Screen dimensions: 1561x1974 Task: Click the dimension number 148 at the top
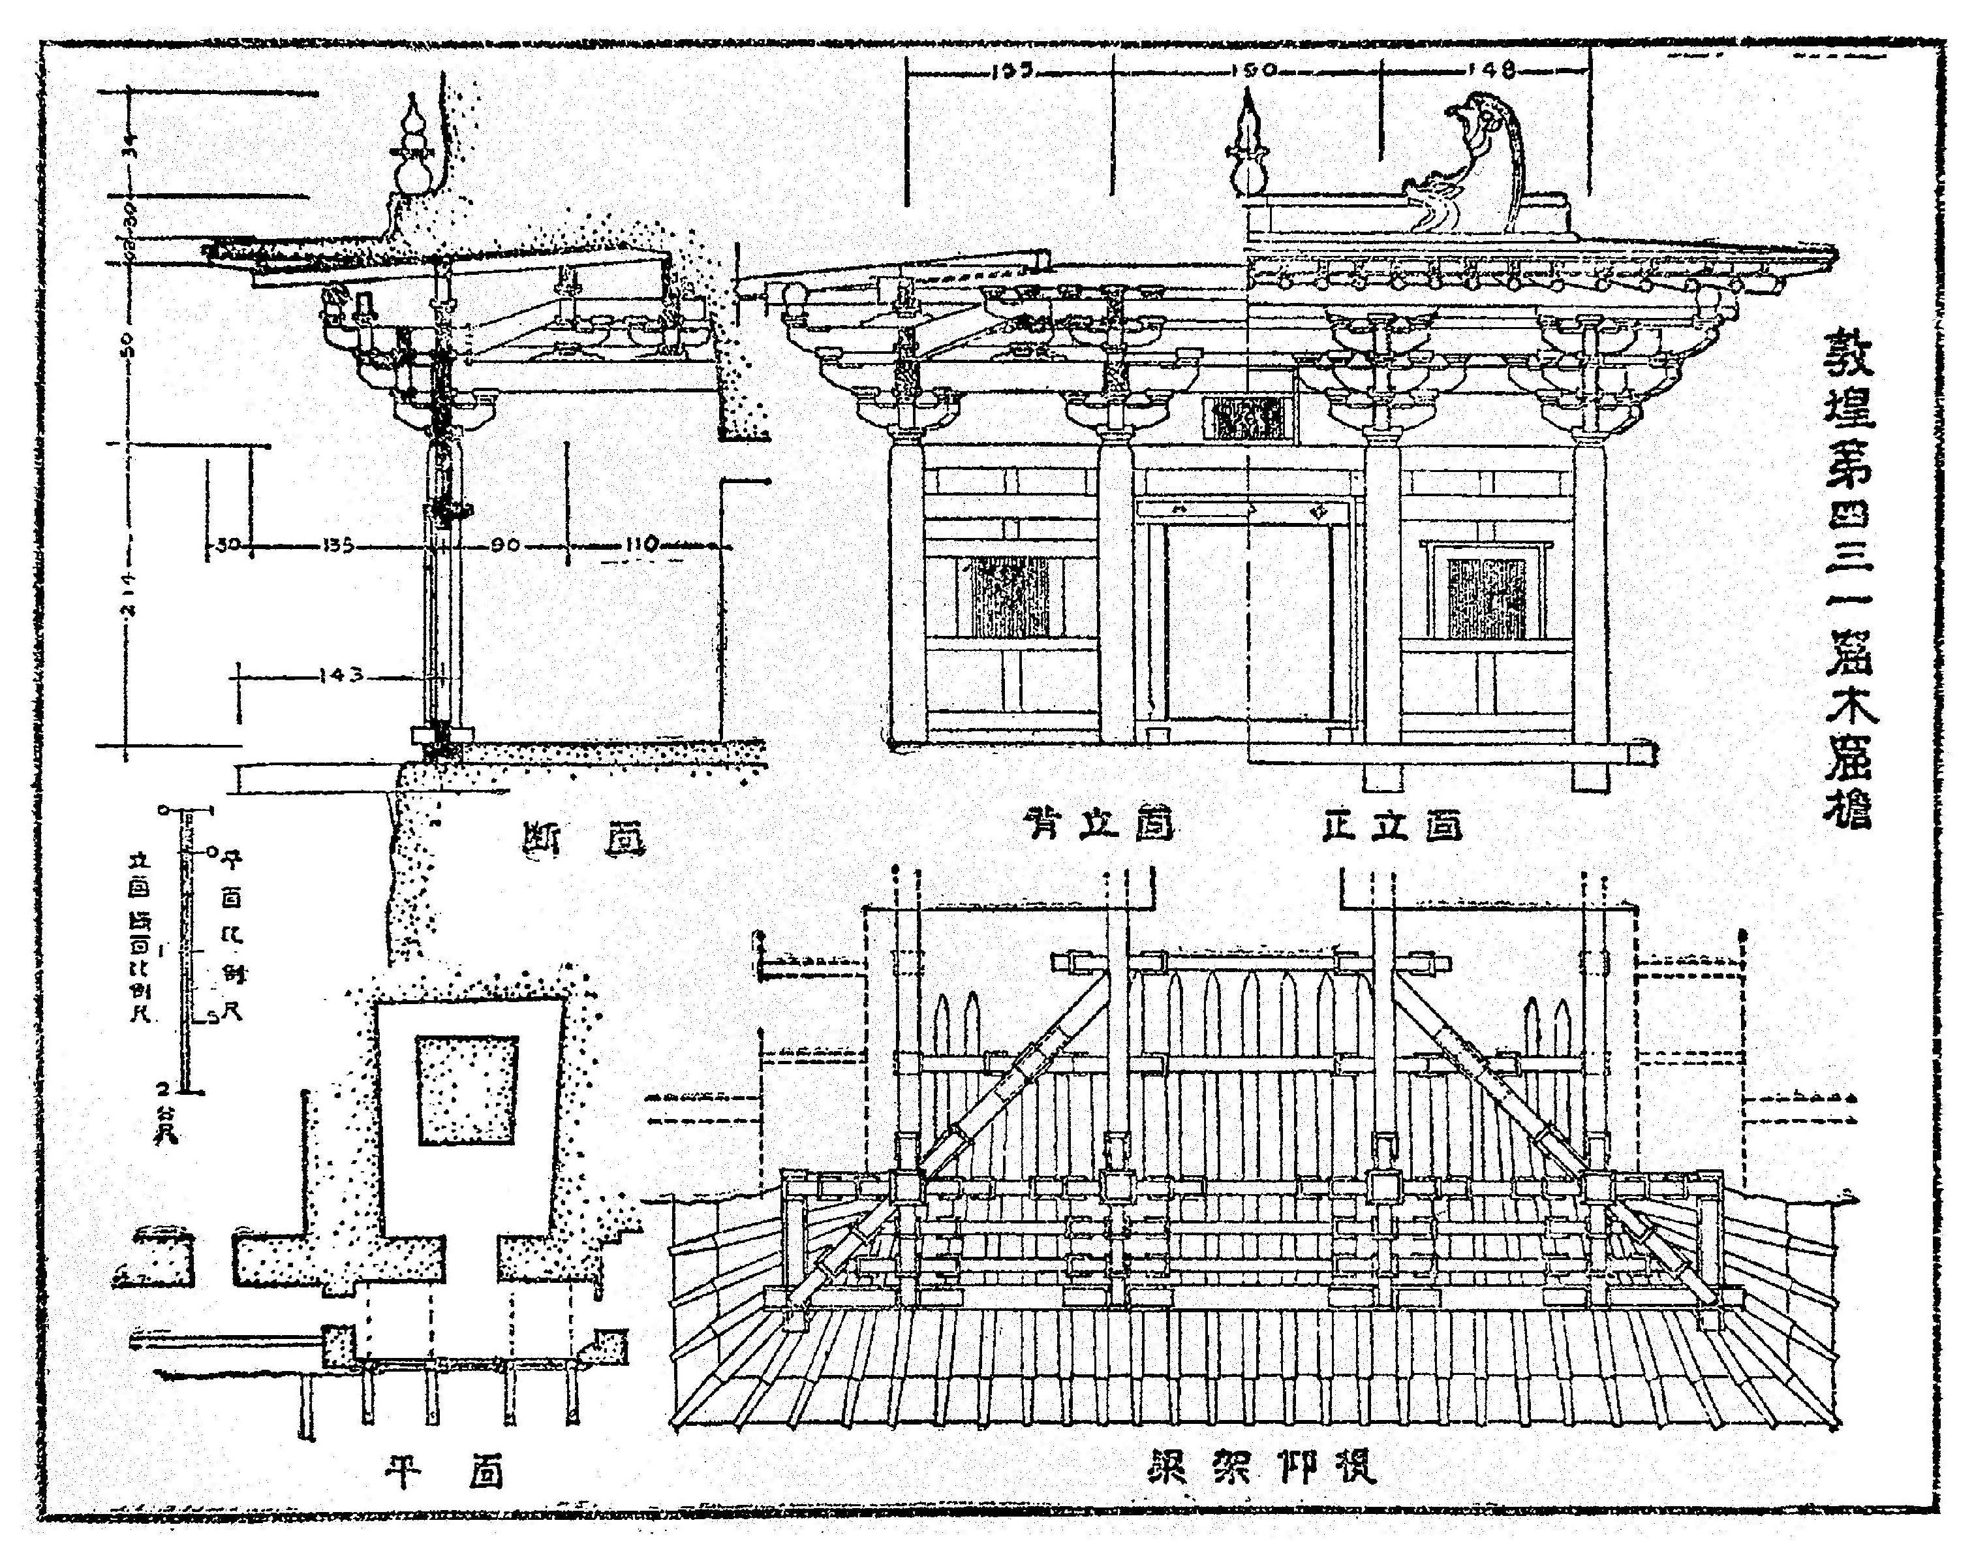(1494, 69)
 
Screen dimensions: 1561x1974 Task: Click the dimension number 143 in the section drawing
(342, 676)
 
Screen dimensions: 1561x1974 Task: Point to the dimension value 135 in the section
(338, 546)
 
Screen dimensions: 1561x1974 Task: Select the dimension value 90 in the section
(504, 546)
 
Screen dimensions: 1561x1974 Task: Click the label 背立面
(1099, 825)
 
